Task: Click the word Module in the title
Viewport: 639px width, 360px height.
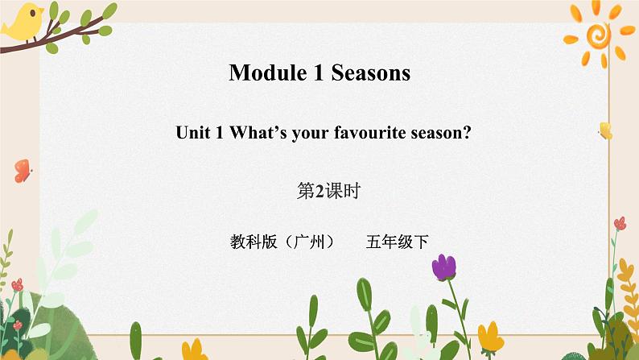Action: click(x=264, y=73)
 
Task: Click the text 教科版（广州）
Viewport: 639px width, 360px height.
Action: click(x=281, y=240)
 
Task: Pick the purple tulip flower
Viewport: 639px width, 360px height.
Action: click(x=443, y=267)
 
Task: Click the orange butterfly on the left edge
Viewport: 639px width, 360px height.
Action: click(x=23, y=170)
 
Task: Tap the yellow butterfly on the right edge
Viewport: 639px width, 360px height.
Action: click(x=605, y=130)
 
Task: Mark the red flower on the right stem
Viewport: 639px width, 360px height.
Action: click(x=619, y=224)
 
